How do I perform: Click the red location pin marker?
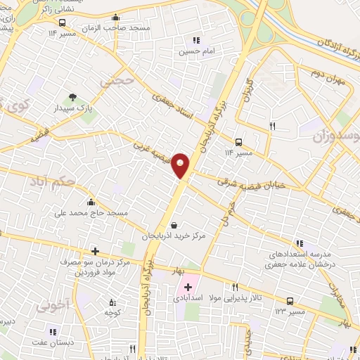(x=181, y=165)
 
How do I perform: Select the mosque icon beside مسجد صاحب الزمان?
(x=116, y=18)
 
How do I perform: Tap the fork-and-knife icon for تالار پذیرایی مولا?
(x=235, y=286)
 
